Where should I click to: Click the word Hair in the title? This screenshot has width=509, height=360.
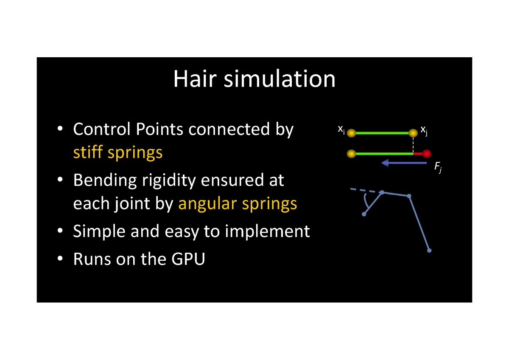195,78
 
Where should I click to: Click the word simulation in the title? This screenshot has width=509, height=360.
280,78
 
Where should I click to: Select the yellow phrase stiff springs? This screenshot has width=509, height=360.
118,153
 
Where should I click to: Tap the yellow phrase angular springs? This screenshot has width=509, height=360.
238,204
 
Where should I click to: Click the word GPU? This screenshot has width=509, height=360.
188,259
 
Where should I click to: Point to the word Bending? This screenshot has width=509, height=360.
105,181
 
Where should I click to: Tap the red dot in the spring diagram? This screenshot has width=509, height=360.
427,154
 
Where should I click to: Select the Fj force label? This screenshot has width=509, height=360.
438,167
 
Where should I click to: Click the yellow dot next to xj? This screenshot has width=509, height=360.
413,133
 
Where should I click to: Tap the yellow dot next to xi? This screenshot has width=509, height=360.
351,133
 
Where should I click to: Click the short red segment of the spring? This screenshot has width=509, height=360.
418,154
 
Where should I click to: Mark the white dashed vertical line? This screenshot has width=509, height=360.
413,145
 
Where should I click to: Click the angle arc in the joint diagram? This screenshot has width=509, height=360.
365,200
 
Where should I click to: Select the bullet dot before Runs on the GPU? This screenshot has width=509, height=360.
60,259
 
